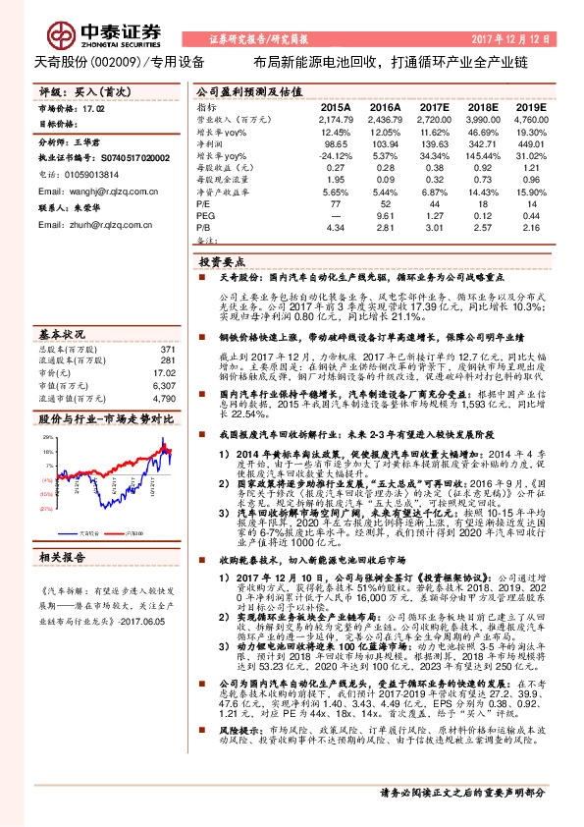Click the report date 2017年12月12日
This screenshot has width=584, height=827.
tap(522, 40)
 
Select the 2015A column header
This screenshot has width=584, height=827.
tap(335, 105)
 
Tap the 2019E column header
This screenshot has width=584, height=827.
tap(531, 105)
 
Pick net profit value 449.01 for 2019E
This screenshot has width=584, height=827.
tap(531, 143)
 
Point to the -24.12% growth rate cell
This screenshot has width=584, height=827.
tap(335, 156)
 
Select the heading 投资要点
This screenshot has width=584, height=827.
tap(223, 262)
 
